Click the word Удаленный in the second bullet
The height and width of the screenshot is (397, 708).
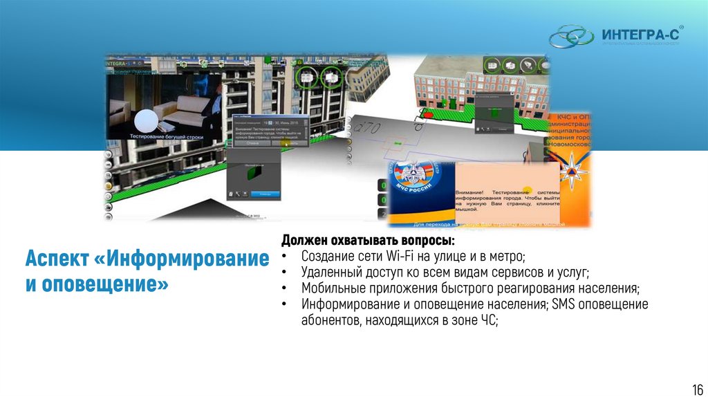(329, 273)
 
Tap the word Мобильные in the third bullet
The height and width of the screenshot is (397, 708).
(330, 288)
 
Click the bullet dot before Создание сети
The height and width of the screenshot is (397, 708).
(286, 257)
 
